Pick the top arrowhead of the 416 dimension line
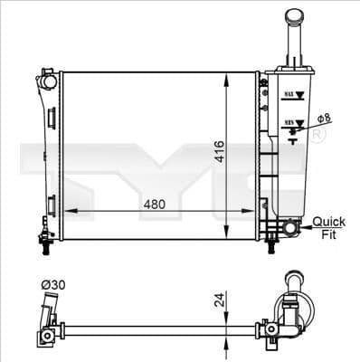point(226,72)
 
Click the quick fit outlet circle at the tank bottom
point(289,226)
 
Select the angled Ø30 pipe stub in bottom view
point(46,317)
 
